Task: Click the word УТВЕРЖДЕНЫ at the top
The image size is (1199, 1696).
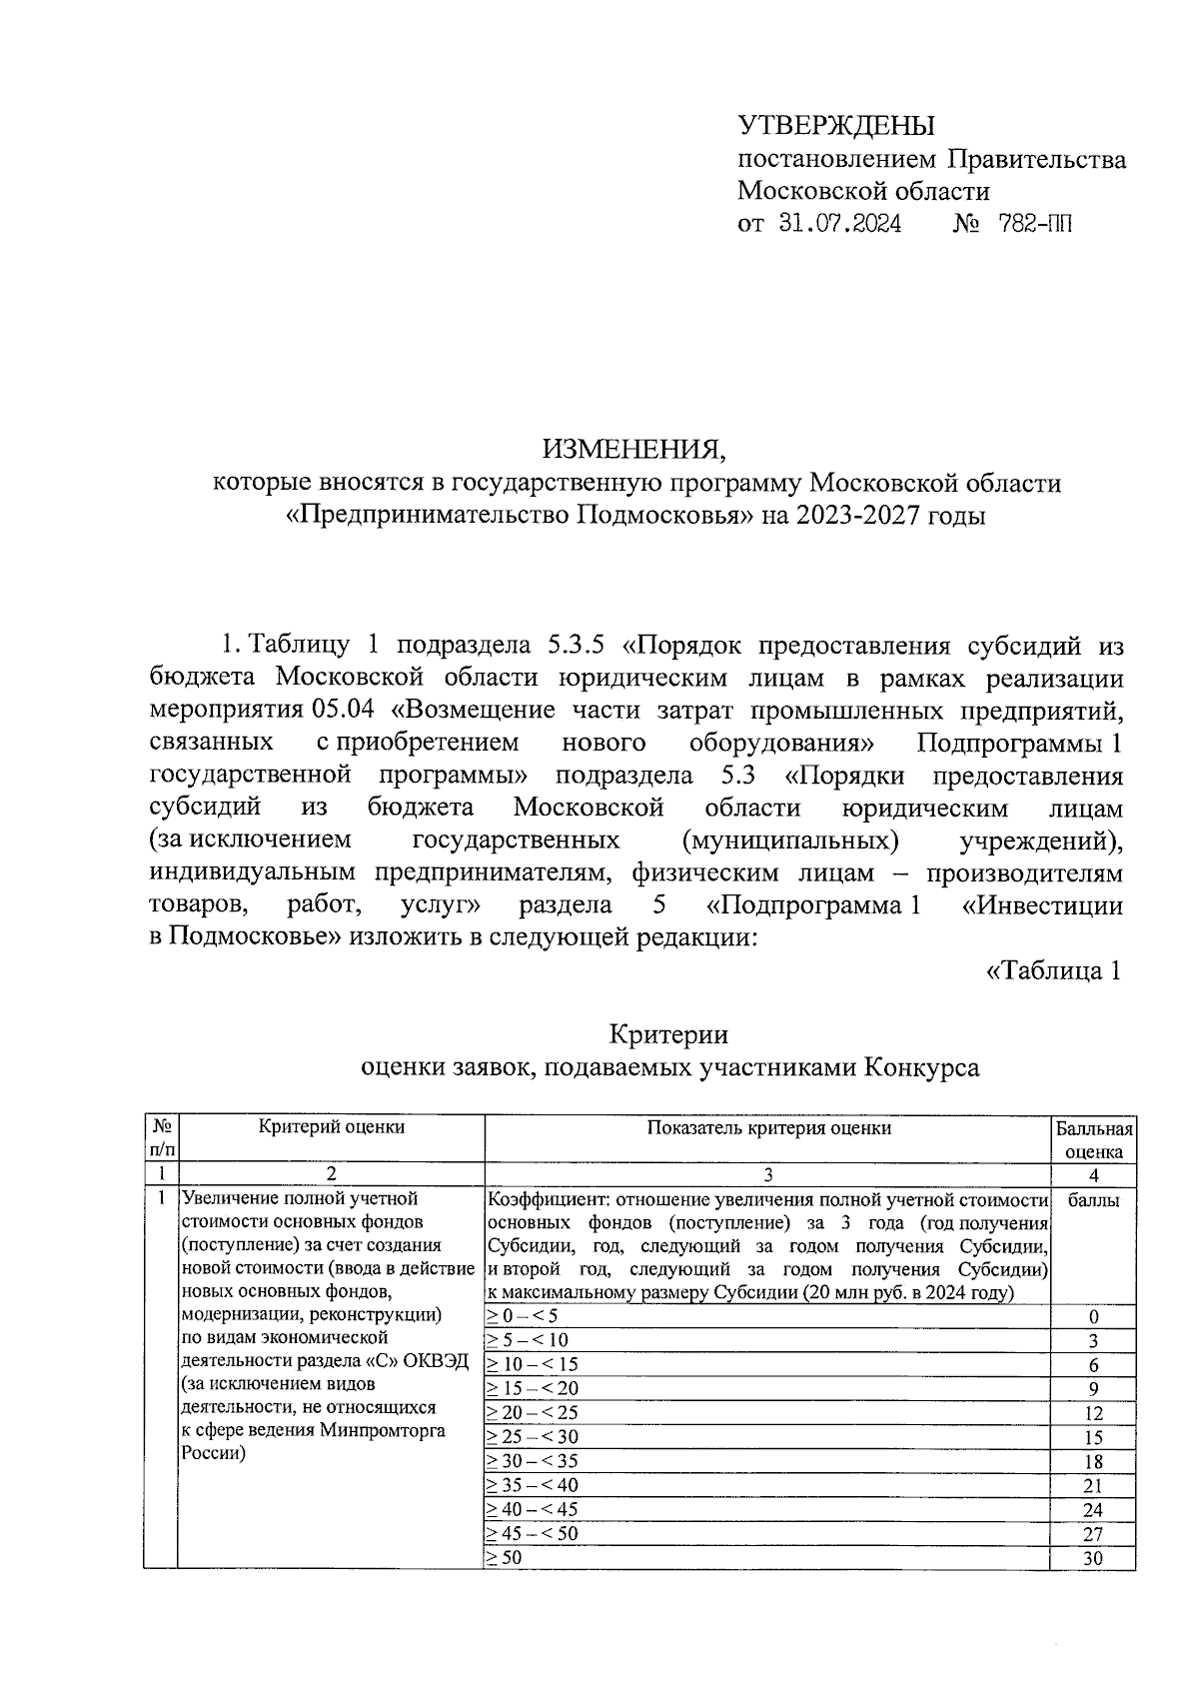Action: pos(835,126)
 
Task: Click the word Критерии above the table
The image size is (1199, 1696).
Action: pos(668,1033)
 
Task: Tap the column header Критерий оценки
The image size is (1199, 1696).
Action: pos(332,1127)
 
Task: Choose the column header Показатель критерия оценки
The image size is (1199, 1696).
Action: pos(768,1128)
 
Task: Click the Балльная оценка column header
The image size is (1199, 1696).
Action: pos(1093,1139)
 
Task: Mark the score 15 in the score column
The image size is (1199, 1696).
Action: pos(1092,1438)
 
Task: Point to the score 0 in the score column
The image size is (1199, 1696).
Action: pos(1093,1317)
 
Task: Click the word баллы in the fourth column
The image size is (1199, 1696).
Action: pos(1093,1200)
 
